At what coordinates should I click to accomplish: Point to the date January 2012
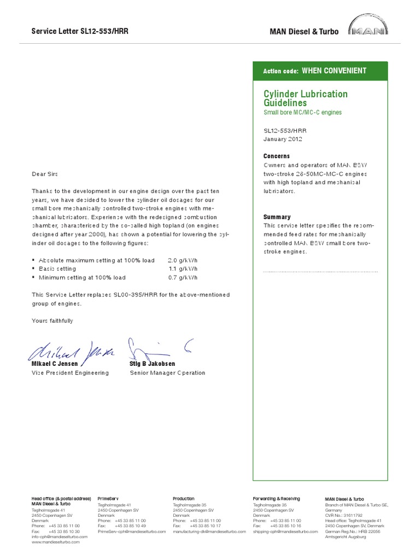[x=283, y=139]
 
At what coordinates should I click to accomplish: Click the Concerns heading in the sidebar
[x=277, y=156]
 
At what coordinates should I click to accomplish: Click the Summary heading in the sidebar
[x=277, y=217]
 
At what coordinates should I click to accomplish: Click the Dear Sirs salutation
[x=44, y=174]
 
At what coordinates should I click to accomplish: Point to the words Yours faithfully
[x=52, y=321]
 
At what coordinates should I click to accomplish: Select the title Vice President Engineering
[x=70, y=373]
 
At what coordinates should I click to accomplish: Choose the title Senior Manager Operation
[x=167, y=373]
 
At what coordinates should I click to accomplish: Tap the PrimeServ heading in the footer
[x=108, y=499]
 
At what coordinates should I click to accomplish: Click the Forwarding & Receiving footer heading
[x=276, y=499]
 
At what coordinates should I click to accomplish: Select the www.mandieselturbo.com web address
[x=59, y=542]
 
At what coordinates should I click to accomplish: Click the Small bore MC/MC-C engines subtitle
[x=302, y=113]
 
